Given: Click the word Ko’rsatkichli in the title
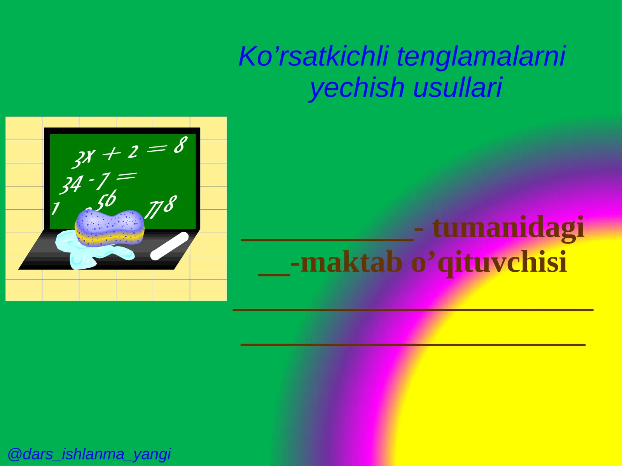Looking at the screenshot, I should click(x=314, y=56).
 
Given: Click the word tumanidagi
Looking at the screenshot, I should click(x=508, y=228).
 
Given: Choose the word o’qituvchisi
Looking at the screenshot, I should click(x=489, y=263).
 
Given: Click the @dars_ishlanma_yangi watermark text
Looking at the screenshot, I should click(x=89, y=454).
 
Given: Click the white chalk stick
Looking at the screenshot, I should click(x=169, y=246).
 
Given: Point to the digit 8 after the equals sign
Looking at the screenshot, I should click(x=180, y=145).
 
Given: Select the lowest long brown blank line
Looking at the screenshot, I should click(x=413, y=344).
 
